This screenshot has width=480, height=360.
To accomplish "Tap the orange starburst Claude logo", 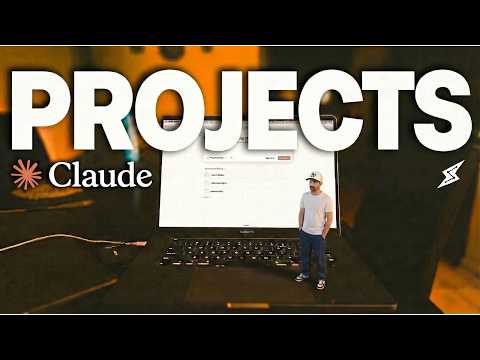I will tap(27, 175).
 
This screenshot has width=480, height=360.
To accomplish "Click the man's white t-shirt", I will tap(316, 212).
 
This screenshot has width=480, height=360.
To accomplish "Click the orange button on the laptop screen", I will tap(285, 157).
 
